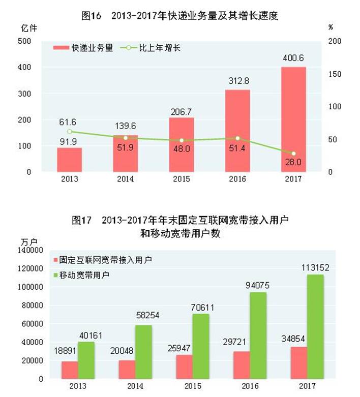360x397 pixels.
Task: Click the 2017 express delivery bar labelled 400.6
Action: (293, 119)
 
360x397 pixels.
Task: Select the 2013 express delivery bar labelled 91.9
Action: (70, 160)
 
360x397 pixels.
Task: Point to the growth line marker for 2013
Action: (70, 132)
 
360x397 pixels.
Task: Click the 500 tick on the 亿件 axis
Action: (24, 41)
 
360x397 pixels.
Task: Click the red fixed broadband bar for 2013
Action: (70, 370)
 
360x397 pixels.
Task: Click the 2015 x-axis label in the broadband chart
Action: (182, 386)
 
